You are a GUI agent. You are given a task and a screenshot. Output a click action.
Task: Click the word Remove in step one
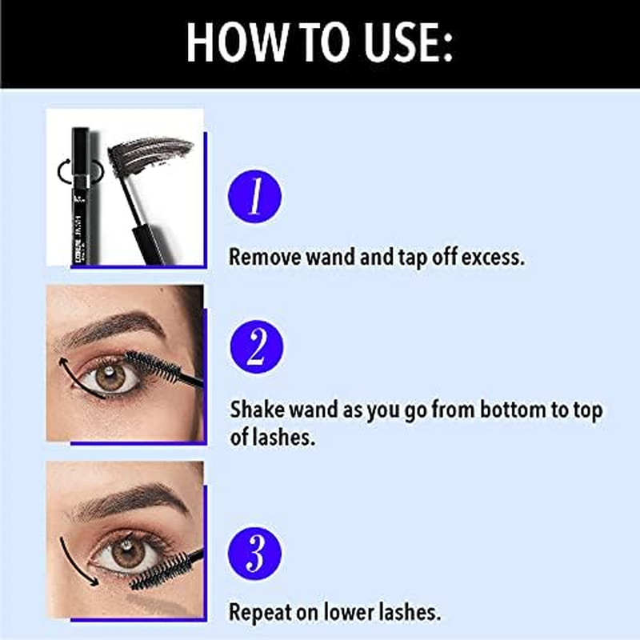pos(264,258)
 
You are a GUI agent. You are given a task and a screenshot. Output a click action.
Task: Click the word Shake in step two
pos(255,410)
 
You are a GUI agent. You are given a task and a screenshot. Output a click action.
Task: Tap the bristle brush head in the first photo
pos(152,151)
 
